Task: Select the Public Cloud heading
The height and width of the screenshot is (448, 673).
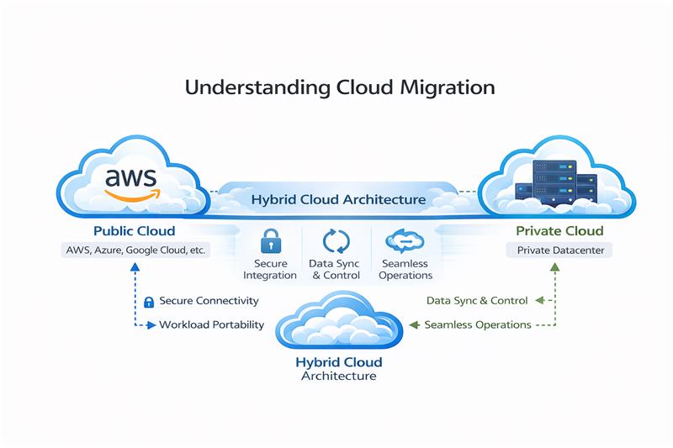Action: coord(135,231)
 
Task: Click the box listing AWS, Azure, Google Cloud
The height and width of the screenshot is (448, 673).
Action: coord(135,250)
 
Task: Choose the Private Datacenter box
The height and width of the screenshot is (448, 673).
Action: coord(554,250)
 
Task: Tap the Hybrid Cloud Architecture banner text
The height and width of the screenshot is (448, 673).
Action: coord(338,200)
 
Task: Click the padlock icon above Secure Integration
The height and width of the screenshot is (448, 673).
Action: coord(269,241)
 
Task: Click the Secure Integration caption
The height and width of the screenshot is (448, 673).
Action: coord(269,269)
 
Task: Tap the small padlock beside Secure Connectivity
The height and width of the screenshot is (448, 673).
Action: coord(149,301)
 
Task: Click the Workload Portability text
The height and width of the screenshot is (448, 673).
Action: coord(211,324)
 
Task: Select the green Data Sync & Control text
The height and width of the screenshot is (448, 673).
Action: coord(477,300)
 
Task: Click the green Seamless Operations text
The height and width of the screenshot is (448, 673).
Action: coord(477,324)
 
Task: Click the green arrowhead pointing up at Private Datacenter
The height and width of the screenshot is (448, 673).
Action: coord(554,267)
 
